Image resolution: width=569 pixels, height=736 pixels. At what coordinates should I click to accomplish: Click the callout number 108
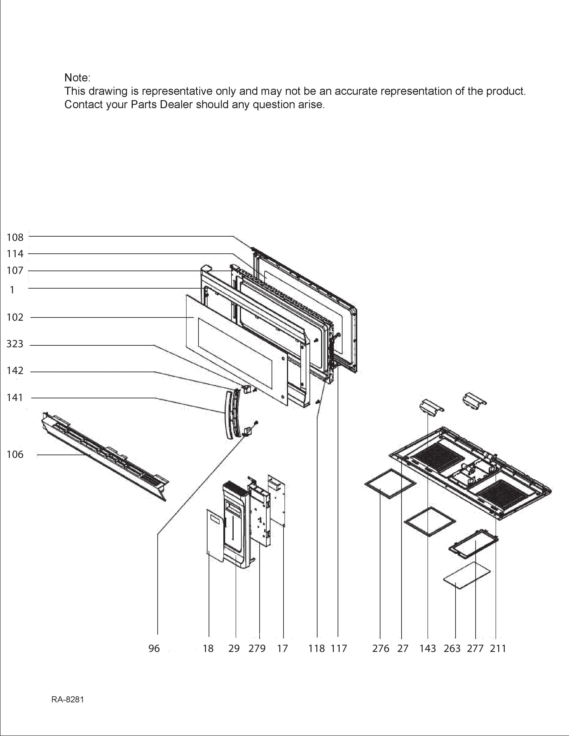15,237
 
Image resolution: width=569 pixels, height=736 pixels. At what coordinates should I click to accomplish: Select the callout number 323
15,344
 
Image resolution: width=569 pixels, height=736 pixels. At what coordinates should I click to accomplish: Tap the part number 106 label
15,455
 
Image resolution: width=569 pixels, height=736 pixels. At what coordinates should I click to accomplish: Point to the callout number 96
154,648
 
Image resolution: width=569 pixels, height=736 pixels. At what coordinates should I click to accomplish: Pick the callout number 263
452,648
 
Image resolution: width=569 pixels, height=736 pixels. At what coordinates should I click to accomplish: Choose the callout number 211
498,648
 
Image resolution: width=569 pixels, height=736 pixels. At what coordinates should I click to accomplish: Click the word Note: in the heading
77,78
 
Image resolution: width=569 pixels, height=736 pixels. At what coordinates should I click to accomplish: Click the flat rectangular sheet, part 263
467,577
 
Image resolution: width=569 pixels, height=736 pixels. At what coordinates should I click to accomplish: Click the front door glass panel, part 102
236,349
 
